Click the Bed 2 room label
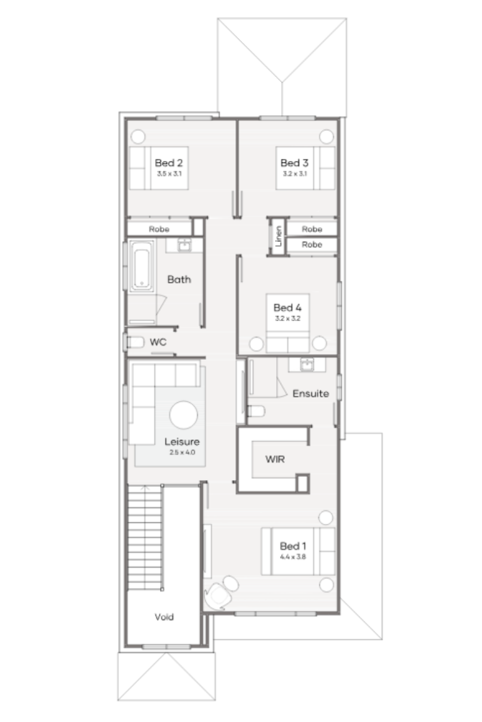(x=169, y=163)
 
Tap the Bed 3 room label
(x=294, y=163)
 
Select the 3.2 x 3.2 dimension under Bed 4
(x=287, y=318)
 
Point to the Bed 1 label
(x=294, y=546)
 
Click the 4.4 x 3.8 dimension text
(x=293, y=557)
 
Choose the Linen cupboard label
(x=279, y=236)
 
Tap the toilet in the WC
(x=134, y=342)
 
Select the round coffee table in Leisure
(x=184, y=414)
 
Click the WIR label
(x=275, y=459)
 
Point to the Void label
(x=164, y=617)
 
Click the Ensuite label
(x=310, y=394)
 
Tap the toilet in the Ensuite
(x=256, y=411)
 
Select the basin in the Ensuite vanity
(x=307, y=364)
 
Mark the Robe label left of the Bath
(x=159, y=229)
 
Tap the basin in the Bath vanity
(x=185, y=245)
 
